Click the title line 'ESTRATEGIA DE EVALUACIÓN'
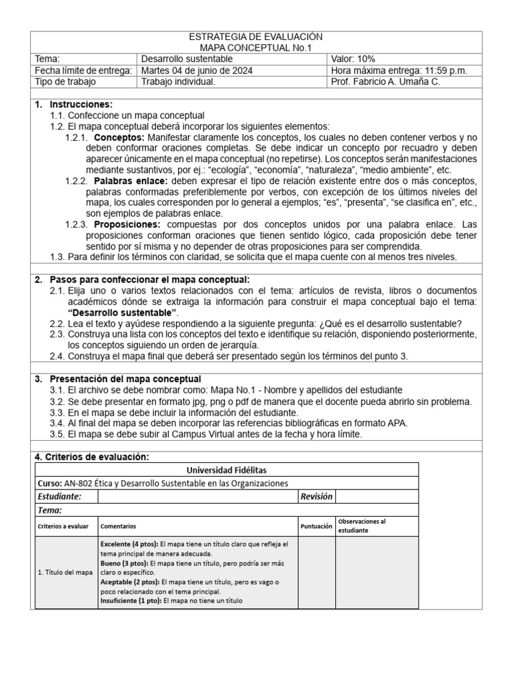256,37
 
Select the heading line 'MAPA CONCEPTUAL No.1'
256,48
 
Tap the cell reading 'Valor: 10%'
354,59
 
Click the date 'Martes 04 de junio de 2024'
197,71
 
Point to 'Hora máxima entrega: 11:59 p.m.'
399,71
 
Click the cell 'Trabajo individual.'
178,82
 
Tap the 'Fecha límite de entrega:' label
83,71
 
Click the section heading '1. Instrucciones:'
73,105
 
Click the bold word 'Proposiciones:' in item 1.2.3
127,224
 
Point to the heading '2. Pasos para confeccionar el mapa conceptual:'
141,279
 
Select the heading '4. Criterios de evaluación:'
92,456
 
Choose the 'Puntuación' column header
316,526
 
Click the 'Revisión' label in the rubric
316,496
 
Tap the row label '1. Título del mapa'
65,572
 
